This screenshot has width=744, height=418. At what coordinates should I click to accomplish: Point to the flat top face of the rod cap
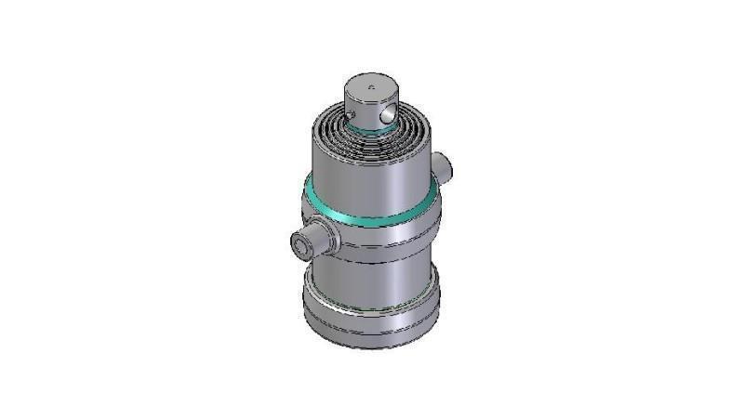(x=370, y=86)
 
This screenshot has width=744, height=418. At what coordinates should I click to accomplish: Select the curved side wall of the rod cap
(x=358, y=107)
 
